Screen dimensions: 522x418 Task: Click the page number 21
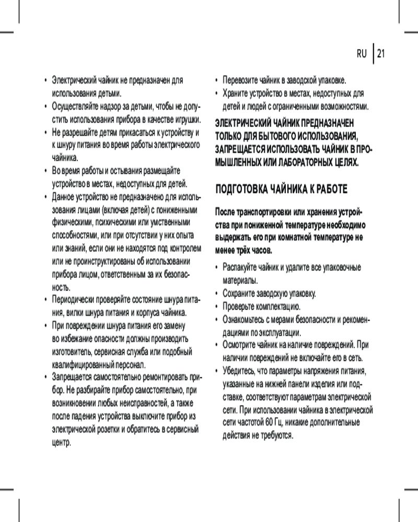click(x=380, y=53)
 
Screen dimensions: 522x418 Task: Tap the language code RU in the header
click(x=362, y=53)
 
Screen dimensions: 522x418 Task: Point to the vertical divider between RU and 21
click(x=373, y=53)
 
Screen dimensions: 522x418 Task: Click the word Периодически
click(x=74, y=300)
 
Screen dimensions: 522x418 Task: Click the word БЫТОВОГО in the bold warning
click(x=265, y=137)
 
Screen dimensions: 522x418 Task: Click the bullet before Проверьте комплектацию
click(x=217, y=306)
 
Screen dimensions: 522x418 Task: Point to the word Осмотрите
click(x=242, y=345)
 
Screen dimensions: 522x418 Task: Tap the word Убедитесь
click(x=241, y=371)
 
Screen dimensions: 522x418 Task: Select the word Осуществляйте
click(x=78, y=106)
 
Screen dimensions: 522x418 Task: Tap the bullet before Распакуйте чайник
click(x=217, y=268)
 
